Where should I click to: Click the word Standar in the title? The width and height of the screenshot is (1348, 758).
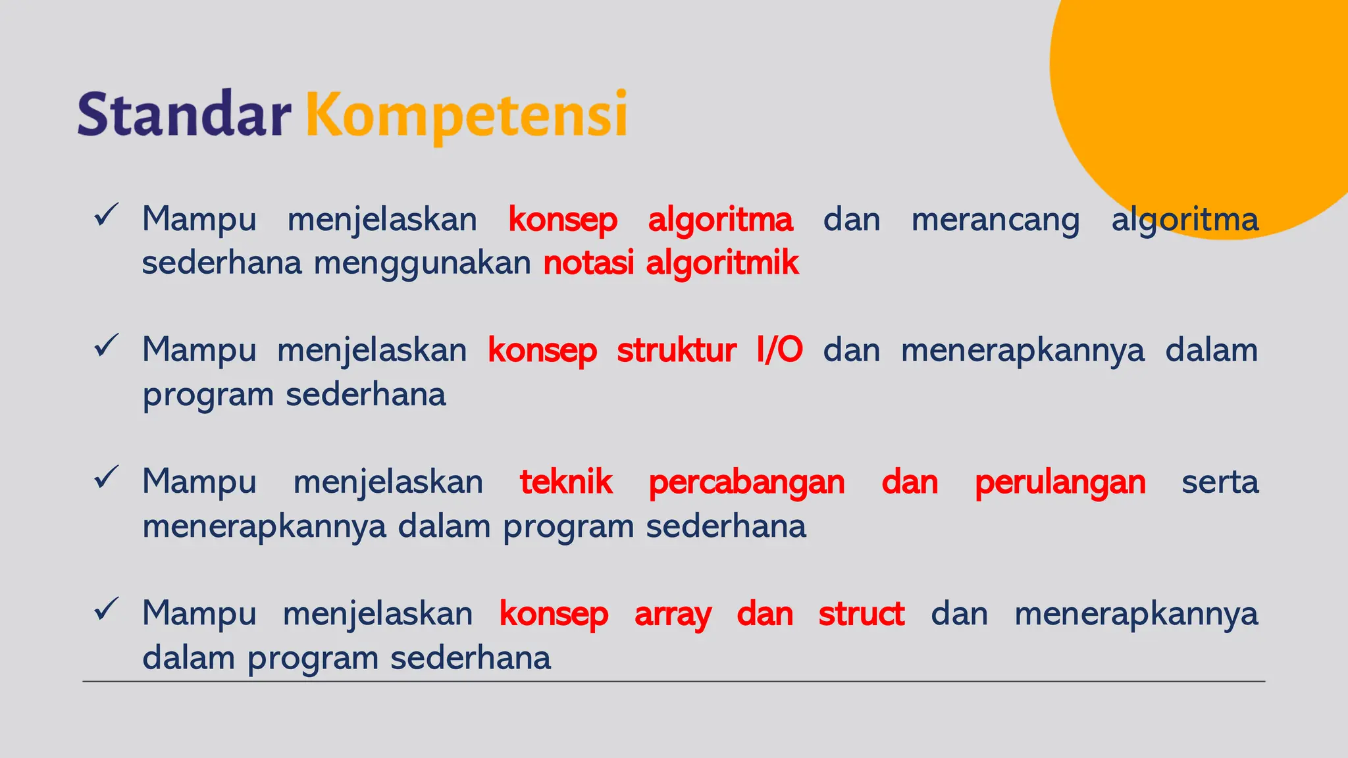click(184, 114)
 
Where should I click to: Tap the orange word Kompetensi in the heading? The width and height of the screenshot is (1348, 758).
click(466, 116)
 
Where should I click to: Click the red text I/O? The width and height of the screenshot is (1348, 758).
click(779, 350)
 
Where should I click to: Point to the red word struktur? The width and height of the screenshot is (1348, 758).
click(676, 350)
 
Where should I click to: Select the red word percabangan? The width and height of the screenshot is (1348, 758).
click(746, 482)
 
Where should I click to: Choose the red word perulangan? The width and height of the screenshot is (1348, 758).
click(1060, 482)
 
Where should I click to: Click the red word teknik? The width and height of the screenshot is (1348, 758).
click(566, 482)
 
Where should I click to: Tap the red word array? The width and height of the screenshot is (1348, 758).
click(673, 615)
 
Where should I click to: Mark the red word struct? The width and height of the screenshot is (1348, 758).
click(861, 614)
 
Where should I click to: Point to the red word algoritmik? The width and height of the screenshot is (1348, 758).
click(722, 263)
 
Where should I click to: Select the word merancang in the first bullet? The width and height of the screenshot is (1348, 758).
click(995, 220)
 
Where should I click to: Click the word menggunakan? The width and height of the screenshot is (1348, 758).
click(422, 263)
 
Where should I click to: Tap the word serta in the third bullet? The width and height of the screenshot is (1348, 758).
click(1220, 482)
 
